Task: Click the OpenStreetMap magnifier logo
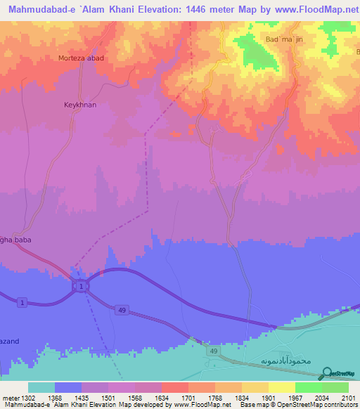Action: [x=326, y=372]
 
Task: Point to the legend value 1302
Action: [x=28, y=398]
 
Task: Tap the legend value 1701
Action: [x=188, y=398]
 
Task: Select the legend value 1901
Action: [x=269, y=398]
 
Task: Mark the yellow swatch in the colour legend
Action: [x=281, y=387]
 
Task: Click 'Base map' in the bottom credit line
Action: [x=250, y=405]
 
